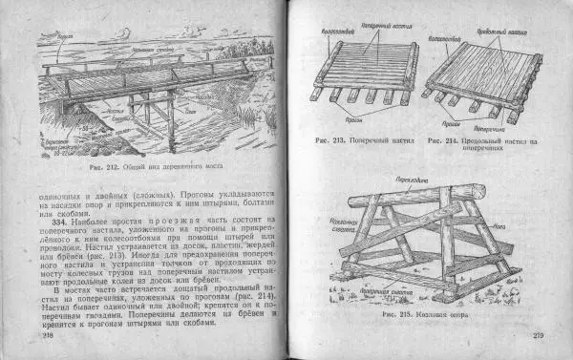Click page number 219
[x=537, y=334]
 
